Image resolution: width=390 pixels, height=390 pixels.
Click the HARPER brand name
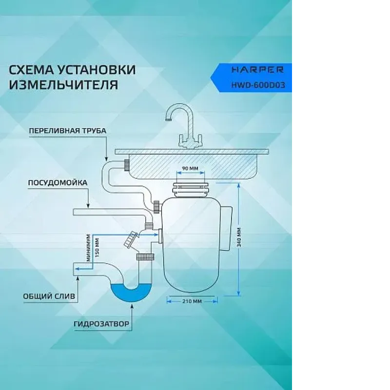tap(257, 70)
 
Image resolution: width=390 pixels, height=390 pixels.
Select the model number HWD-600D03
tap(258, 85)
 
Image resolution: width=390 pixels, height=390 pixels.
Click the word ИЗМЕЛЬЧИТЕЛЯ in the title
tap(63, 84)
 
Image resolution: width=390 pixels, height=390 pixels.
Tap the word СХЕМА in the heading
tap(31, 70)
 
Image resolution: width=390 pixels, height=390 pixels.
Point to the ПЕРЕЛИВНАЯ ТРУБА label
tap(68, 131)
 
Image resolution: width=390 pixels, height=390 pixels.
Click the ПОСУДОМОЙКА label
tap(58, 183)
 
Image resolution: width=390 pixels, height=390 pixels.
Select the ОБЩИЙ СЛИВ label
tap(49, 296)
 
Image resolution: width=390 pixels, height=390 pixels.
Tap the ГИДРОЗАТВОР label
tap(101, 324)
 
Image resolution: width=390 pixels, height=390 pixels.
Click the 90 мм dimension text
tap(190, 168)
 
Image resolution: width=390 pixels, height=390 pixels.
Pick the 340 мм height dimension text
tap(239, 237)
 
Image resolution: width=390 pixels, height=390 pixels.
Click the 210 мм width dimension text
tap(192, 301)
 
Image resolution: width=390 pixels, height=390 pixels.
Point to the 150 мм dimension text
tap(97, 248)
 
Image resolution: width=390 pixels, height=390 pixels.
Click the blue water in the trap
tap(131, 293)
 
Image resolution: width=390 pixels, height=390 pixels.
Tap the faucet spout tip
tap(169, 119)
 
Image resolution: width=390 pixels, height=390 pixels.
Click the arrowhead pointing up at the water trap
tap(132, 307)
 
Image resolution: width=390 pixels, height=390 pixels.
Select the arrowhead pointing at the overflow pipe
tap(106, 158)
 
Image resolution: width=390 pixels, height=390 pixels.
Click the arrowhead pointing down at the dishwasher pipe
tap(88, 205)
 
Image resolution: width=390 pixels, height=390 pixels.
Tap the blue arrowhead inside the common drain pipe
tap(78, 269)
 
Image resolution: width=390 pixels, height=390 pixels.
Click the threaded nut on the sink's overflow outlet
tap(127, 165)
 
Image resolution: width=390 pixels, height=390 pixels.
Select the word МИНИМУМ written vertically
tap(89, 248)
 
